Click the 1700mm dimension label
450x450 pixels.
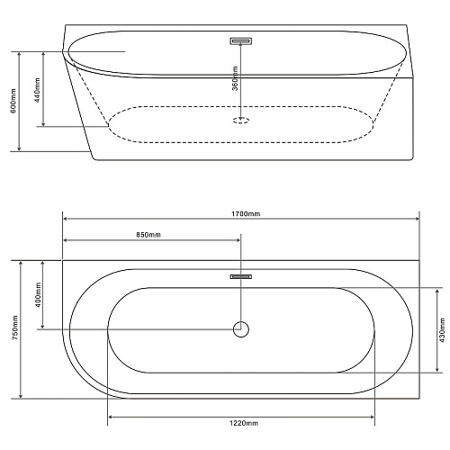[246, 213]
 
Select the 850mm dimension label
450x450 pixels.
[148, 235]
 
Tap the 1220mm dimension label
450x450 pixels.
[244, 423]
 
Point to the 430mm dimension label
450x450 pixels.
[442, 329]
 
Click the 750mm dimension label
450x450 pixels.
[15, 328]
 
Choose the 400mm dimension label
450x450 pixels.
[38, 294]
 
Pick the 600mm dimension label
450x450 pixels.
[13, 101]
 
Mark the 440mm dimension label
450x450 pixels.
[37, 90]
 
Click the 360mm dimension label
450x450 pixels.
[235, 78]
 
